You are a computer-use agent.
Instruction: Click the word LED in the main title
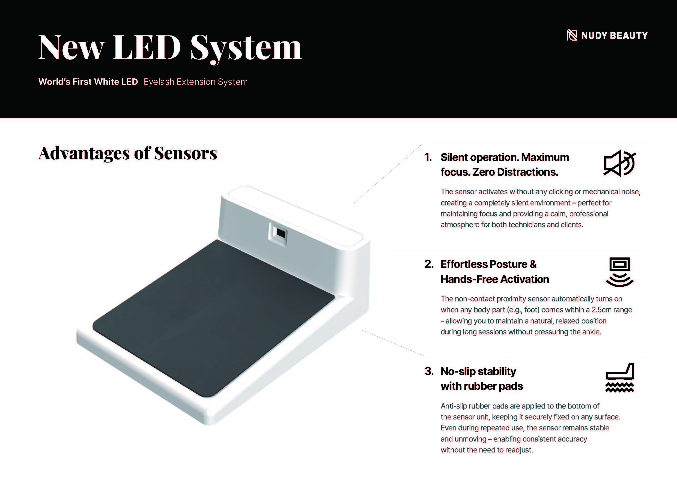tap(147, 47)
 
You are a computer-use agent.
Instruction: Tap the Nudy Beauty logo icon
tap(571, 35)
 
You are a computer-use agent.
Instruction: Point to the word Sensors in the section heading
tap(186, 153)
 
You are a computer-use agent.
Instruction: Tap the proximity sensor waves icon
tap(619, 272)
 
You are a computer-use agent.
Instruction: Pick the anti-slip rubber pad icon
tap(619, 378)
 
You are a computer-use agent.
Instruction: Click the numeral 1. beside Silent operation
tap(428, 157)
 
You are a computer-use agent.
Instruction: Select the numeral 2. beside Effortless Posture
tap(429, 264)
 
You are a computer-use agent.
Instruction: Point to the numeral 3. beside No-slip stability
tap(429, 371)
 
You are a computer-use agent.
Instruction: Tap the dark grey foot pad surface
tap(214, 318)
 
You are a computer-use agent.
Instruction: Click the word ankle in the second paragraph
tap(591, 332)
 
